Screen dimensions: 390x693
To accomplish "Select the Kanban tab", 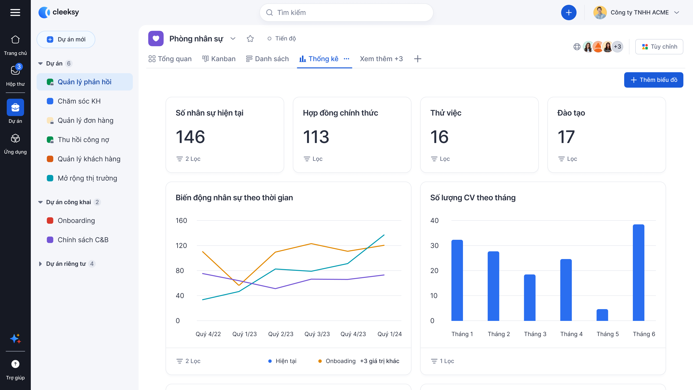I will (219, 59).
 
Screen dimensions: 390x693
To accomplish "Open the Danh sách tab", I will (267, 59).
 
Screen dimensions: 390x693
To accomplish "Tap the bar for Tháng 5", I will (602, 315).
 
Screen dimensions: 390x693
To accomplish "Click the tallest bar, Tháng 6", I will (638, 272).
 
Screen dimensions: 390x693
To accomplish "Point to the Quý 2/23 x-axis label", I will (281, 334).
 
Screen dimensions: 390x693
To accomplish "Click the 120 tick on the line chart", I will (181, 246).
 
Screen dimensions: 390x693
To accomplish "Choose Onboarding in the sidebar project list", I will (76, 221).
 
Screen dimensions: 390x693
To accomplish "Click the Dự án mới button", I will (66, 39).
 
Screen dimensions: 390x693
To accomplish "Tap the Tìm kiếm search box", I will (346, 13).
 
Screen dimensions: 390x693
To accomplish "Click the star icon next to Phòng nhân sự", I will (250, 39).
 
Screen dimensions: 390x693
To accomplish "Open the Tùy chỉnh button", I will (659, 46).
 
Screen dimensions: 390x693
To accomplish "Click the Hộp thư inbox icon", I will (15, 71).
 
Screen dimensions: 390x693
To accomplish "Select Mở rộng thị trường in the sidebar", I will (87, 178).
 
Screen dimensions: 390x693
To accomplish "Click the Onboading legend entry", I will (340, 361).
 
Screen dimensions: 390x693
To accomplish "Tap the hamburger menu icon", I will (15, 12).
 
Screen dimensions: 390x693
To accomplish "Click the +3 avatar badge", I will (617, 46).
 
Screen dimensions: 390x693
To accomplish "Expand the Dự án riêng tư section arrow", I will (40, 264).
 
